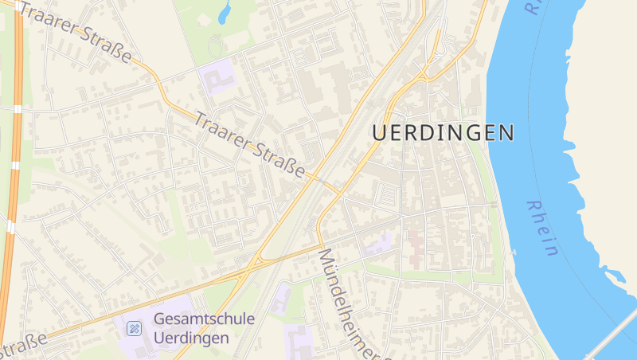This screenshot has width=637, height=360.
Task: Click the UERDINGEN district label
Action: pos(443,133)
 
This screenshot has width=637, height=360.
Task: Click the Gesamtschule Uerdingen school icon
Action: pos(135,327)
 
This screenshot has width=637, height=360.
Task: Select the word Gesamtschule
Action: pos(203,319)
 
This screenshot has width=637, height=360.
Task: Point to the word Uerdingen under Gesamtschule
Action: pos(191,337)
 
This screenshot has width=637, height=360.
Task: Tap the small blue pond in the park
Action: pos(225,12)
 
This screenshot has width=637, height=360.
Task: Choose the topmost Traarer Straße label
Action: pos(76,33)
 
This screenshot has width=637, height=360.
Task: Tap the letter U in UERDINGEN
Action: pos(381,133)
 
